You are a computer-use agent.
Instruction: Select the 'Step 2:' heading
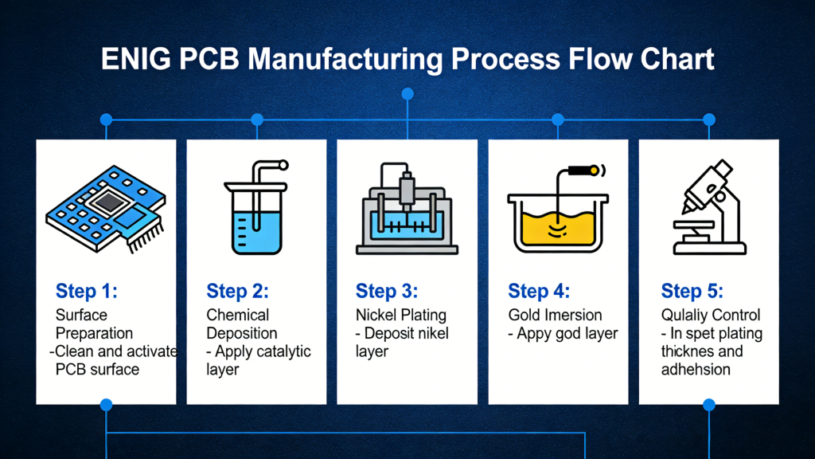coord(237,291)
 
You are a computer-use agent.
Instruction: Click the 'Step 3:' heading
coord(387,291)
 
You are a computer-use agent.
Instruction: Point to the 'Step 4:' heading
coord(539,291)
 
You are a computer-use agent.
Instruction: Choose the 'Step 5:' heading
coord(692,291)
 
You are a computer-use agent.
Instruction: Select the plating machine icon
coord(407,209)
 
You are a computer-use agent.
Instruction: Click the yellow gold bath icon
coord(557,211)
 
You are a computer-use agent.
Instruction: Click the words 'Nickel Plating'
coord(401,315)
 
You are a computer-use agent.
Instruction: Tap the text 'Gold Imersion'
coord(555,315)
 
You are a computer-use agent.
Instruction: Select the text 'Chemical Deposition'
coord(241,324)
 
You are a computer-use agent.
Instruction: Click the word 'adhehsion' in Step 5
coord(696,369)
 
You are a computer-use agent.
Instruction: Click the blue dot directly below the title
coord(407,94)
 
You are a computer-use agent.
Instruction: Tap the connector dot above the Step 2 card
coord(257,120)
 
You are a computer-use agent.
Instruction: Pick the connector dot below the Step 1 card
coord(106,405)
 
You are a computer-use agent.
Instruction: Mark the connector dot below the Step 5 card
coord(709,405)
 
